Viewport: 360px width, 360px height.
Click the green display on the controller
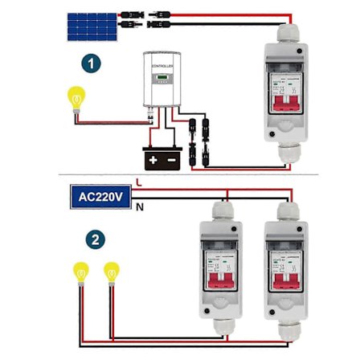point(163,78)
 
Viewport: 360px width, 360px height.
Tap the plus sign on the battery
point(154,158)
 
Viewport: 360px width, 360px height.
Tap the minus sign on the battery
point(171,158)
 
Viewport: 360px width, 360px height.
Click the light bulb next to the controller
point(76,100)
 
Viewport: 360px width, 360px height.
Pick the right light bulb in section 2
point(112,273)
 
